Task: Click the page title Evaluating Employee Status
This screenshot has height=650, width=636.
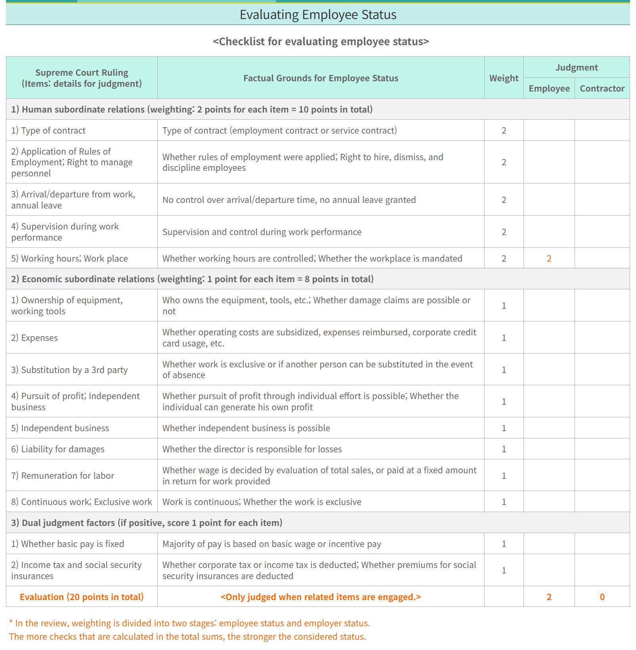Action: (318, 15)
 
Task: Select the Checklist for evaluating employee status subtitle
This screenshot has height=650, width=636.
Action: (321, 41)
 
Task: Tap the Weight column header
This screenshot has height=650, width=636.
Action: (503, 78)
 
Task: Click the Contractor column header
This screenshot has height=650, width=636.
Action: (602, 88)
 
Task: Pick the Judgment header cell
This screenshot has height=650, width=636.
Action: (576, 67)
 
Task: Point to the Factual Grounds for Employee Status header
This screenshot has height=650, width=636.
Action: (321, 78)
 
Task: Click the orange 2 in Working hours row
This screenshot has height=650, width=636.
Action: (549, 258)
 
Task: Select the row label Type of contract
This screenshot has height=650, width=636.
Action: (48, 130)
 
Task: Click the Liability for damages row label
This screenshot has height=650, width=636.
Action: (58, 449)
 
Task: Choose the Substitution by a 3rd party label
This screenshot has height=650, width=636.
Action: (69, 370)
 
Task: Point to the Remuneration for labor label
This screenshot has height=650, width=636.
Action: (63, 476)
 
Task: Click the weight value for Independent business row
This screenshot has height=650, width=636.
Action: (504, 428)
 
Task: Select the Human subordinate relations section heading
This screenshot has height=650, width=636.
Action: (192, 109)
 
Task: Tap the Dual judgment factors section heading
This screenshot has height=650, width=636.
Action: (147, 523)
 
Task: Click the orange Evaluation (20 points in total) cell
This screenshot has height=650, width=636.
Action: (82, 597)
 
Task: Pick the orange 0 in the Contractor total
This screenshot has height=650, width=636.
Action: (602, 597)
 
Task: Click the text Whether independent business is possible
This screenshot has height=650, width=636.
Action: (246, 428)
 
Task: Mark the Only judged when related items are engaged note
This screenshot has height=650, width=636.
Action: (321, 597)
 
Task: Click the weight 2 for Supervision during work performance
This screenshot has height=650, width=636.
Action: (504, 232)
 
